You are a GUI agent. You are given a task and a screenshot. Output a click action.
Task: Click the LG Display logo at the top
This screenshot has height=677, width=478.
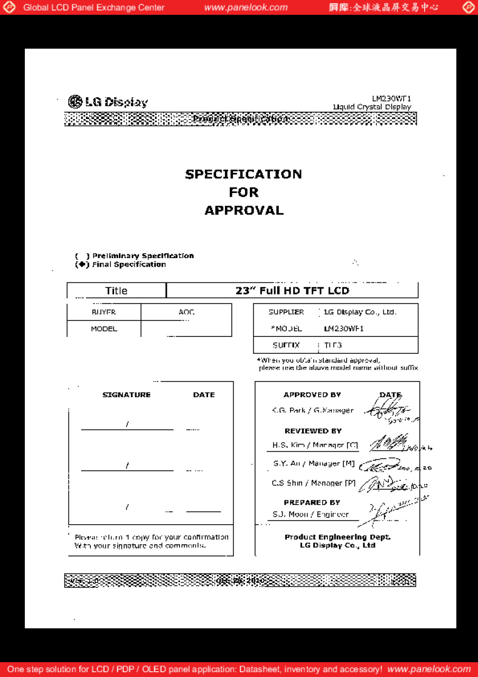108,102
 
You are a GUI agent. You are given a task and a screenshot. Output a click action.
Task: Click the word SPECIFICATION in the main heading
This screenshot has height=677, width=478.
243,174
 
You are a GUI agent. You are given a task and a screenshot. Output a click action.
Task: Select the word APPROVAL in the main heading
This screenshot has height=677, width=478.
243,210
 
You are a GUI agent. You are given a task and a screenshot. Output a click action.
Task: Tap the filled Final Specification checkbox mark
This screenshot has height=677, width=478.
82,264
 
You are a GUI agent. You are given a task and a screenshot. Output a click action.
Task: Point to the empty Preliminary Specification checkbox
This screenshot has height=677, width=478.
82,256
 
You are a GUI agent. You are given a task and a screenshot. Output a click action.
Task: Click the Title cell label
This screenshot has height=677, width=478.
116,290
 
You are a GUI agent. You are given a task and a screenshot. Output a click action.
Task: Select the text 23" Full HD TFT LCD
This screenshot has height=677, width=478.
292,290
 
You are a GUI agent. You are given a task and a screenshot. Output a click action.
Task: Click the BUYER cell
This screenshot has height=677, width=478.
104,312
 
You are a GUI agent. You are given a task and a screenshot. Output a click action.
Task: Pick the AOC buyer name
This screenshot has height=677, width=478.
186,312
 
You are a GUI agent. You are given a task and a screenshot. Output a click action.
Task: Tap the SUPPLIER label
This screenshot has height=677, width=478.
286,312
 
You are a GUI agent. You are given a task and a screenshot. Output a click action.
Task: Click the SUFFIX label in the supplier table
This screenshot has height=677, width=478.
286,345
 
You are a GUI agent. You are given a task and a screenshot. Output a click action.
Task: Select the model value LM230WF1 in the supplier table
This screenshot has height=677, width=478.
344,328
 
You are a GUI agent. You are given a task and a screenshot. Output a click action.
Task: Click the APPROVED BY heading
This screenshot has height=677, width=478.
312,395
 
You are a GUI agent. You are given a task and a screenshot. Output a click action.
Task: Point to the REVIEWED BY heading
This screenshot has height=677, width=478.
313,431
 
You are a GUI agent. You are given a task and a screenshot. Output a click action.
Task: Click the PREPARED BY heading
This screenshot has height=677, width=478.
312,502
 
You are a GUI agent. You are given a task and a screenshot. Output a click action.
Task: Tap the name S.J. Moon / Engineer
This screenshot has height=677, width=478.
311,514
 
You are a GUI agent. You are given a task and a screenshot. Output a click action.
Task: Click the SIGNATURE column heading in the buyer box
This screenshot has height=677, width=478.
126,395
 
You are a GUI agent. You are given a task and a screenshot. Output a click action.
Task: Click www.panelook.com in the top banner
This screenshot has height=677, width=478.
246,7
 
